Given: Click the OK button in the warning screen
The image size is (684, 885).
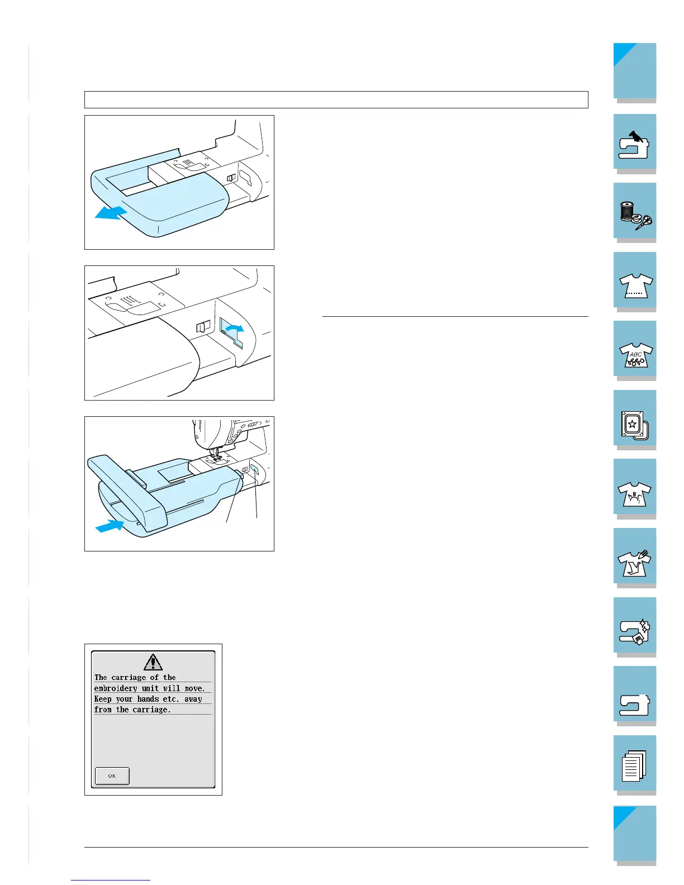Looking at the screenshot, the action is click(112, 775).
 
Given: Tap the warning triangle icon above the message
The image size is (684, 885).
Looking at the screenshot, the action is click(153, 662).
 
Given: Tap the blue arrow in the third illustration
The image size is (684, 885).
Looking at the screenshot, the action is click(110, 525).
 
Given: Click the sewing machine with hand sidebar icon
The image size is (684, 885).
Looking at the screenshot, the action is click(634, 144).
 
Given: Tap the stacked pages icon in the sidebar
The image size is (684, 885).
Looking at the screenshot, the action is click(634, 765).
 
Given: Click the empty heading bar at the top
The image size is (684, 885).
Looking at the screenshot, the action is click(336, 99).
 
